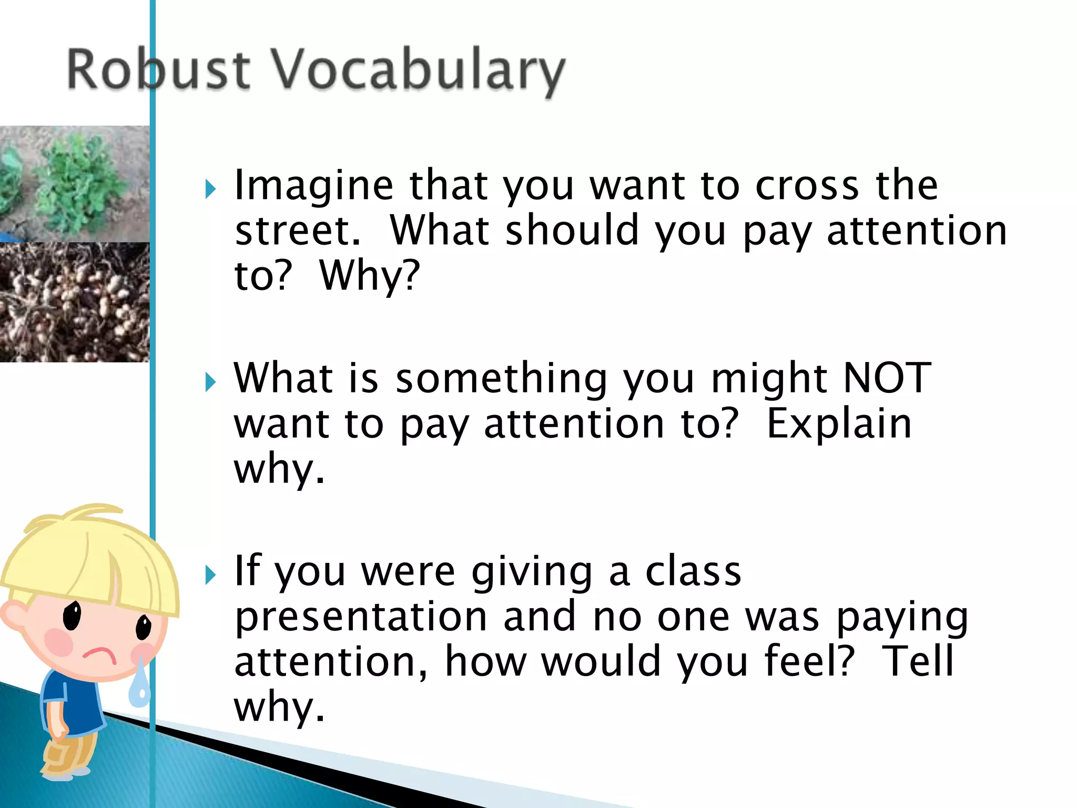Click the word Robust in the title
[x=158, y=69]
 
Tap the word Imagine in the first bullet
[x=313, y=186]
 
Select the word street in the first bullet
[x=298, y=231]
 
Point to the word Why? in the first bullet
[x=370, y=276]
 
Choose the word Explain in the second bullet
[x=839, y=424]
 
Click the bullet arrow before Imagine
[x=211, y=189]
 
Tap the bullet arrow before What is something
[x=211, y=382]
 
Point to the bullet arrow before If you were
[x=211, y=575]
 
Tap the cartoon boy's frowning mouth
[x=99, y=655]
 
